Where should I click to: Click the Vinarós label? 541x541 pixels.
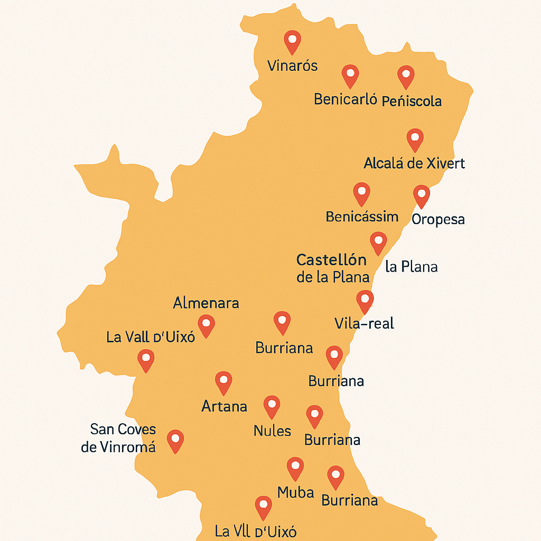292,66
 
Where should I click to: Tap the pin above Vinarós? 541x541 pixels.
292,41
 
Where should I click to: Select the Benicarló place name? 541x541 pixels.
345,99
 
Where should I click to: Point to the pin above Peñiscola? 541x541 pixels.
405,76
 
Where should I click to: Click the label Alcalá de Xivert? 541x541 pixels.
414,163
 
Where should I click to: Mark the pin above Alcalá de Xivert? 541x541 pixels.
415,139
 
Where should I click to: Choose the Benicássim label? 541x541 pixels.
362,217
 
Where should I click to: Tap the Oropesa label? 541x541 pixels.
438,219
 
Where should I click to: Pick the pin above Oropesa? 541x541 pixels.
421,195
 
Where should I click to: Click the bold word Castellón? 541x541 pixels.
332,260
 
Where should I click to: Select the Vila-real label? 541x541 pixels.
365,323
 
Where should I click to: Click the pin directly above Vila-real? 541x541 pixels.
365,300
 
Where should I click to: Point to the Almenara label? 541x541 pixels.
206,303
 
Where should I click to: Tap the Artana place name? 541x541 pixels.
224,406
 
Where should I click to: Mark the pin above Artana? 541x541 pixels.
223,381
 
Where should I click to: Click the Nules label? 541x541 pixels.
272,431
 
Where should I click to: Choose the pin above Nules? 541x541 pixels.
272,406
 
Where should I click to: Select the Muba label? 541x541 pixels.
296,492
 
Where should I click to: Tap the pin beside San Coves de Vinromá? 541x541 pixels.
175,440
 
